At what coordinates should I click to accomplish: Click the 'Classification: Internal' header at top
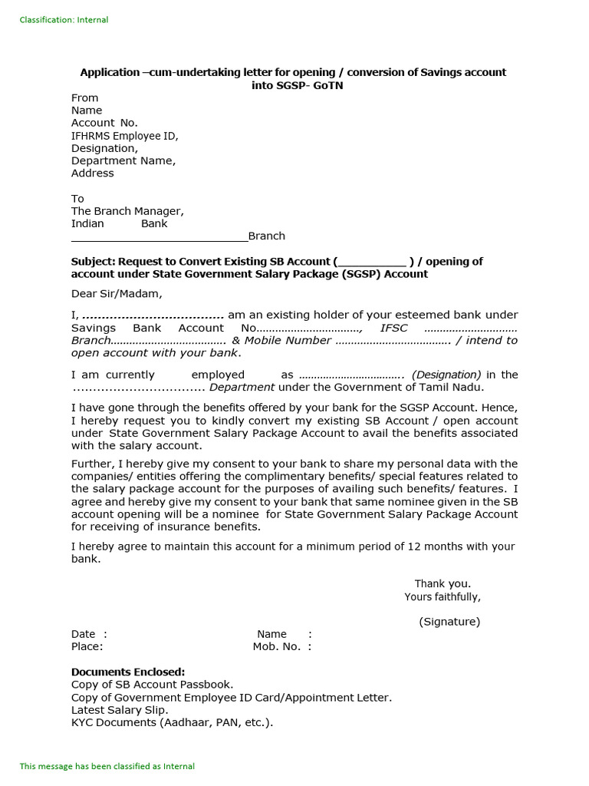point(64,20)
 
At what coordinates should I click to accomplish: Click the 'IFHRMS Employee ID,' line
point(124,136)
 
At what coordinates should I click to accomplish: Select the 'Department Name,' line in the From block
point(123,160)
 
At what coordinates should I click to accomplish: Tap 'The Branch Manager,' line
point(127,211)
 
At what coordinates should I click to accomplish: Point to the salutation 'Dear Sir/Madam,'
point(117,293)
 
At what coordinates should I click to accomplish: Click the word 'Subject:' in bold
point(93,262)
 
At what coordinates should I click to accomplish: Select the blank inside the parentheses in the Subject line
point(372,262)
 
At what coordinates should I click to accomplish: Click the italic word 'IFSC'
point(394,328)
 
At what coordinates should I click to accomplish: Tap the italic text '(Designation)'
point(446,375)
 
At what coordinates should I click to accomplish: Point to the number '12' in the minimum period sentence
point(435,547)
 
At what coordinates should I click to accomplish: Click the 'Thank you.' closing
point(443,583)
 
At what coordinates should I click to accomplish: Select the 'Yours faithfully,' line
point(443,597)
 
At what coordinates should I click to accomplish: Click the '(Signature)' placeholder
point(449,622)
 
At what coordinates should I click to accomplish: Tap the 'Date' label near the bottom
point(83,634)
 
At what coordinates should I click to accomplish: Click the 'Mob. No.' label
point(276,647)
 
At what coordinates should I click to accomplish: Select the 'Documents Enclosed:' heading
point(128,672)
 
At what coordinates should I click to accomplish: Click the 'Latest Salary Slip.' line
point(120,710)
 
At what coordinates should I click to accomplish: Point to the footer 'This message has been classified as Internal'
point(107,766)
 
